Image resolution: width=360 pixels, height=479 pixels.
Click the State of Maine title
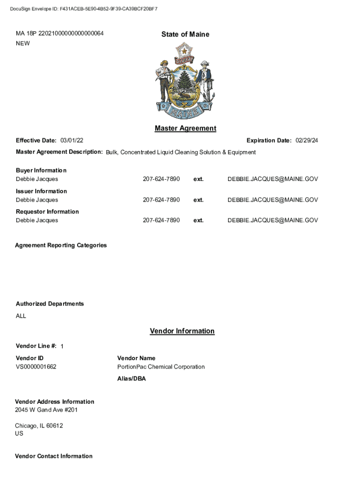click(x=185, y=34)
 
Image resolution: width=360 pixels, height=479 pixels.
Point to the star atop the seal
click(x=185, y=49)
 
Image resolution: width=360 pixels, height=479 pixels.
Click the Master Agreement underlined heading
click(x=185, y=128)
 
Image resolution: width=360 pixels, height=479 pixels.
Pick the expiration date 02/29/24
click(x=307, y=140)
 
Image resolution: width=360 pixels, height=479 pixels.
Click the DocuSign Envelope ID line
click(x=84, y=9)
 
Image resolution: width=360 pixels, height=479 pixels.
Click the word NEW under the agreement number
click(x=23, y=44)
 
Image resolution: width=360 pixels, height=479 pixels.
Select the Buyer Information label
click(x=41, y=170)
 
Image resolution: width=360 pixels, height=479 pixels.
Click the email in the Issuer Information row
click(x=273, y=200)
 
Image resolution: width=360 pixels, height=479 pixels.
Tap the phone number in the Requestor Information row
click(x=161, y=220)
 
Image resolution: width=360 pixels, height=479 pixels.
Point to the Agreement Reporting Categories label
click(x=61, y=245)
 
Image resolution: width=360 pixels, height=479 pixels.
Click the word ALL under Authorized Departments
click(x=21, y=316)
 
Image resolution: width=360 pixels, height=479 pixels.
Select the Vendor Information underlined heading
click(x=182, y=331)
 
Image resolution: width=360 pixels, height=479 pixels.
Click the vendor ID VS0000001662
click(x=36, y=367)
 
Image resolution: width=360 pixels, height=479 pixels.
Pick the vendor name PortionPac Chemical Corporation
click(x=161, y=367)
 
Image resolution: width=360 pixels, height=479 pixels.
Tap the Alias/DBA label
click(x=131, y=378)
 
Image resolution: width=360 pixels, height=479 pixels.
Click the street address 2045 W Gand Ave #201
click(x=46, y=410)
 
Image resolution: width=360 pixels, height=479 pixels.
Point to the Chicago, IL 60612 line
click(x=39, y=426)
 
